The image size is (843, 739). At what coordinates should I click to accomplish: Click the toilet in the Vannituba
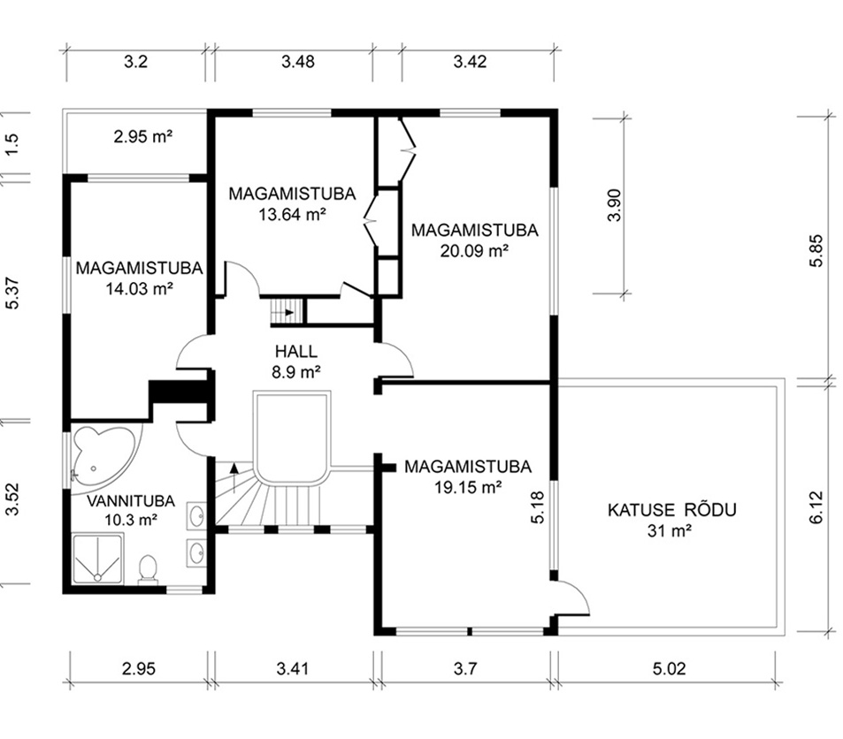pos(148,569)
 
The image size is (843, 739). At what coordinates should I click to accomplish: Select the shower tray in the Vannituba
pos(97,559)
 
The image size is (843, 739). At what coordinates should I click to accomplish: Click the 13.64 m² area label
pos(293,215)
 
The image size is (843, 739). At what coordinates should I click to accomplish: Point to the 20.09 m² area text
pos(475,251)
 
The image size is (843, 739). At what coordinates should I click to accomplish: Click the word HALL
pos(296,352)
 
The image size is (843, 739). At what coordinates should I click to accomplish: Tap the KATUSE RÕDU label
pos(672,509)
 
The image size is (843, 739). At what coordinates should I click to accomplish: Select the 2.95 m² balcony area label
pos(143,136)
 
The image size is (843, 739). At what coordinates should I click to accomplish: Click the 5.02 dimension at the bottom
pos(670,668)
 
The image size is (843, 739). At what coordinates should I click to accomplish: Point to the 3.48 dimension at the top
pos(298,61)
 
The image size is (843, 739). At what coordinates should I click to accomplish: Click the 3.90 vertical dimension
pos(614,205)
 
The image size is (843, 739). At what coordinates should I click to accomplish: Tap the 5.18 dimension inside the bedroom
pos(538,507)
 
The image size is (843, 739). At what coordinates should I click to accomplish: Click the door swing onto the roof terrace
pos(574,598)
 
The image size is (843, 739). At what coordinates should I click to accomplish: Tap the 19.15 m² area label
pos(468,487)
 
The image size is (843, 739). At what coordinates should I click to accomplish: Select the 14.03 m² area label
pos(139,288)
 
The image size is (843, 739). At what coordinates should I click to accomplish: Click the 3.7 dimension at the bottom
pos(465,668)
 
